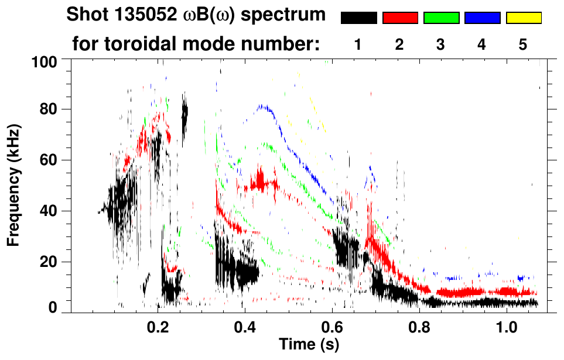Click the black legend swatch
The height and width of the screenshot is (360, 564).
[x=359, y=18]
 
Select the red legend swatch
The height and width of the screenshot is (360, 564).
[x=400, y=18]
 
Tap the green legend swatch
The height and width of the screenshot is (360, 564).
[x=441, y=18]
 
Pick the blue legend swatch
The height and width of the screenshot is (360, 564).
[x=483, y=18]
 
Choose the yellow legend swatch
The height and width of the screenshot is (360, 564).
[x=524, y=18]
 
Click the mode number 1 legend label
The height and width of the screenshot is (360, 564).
[x=358, y=44]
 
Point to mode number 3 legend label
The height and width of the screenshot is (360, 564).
[x=440, y=44]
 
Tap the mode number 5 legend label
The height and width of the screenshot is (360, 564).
[x=523, y=44]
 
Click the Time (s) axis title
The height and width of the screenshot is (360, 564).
[x=309, y=345]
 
